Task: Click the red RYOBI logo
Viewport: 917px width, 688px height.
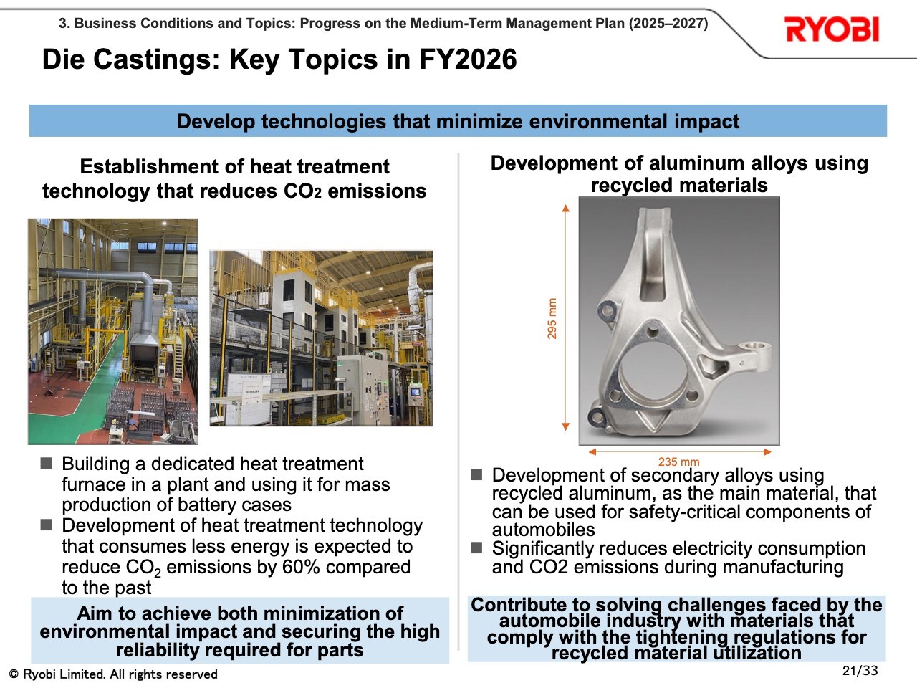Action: [x=832, y=29]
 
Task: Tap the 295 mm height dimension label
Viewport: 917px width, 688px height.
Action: [x=552, y=318]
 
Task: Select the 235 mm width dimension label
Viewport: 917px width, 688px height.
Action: [x=678, y=462]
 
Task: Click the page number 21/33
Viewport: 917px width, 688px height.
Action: [x=860, y=671]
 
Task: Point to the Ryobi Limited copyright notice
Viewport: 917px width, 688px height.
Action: [x=113, y=674]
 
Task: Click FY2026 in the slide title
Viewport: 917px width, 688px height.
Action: [x=468, y=59]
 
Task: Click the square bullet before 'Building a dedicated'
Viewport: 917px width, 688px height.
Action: [x=47, y=463]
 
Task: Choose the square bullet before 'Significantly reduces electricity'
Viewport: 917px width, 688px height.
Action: [x=476, y=548]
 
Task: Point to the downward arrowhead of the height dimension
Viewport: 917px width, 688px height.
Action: [x=566, y=426]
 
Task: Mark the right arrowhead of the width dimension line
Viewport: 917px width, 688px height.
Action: [x=767, y=451]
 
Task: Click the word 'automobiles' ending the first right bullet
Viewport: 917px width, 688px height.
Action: [x=543, y=530]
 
